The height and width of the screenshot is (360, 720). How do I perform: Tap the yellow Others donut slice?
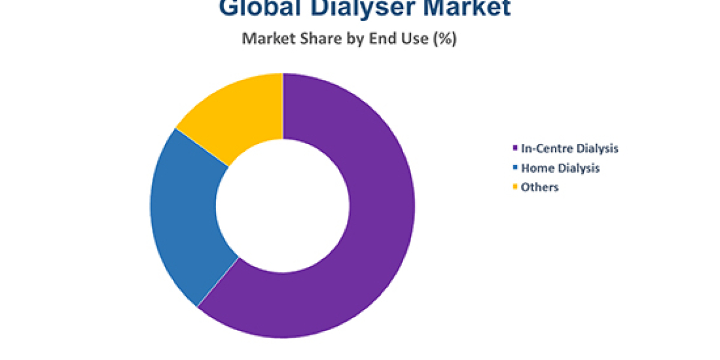tap(240, 114)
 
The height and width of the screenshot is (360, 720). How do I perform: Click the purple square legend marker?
tap(515, 148)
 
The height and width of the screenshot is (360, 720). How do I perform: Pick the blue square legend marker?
tap(515, 168)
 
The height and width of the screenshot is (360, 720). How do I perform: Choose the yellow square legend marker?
tap(515, 187)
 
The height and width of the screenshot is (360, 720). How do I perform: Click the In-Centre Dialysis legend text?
tap(569, 148)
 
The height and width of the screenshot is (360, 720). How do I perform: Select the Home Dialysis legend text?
tap(560, 168)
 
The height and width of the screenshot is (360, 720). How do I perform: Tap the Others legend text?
tap(540, 187)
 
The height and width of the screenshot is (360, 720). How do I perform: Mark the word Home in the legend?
tap(536, 168)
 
